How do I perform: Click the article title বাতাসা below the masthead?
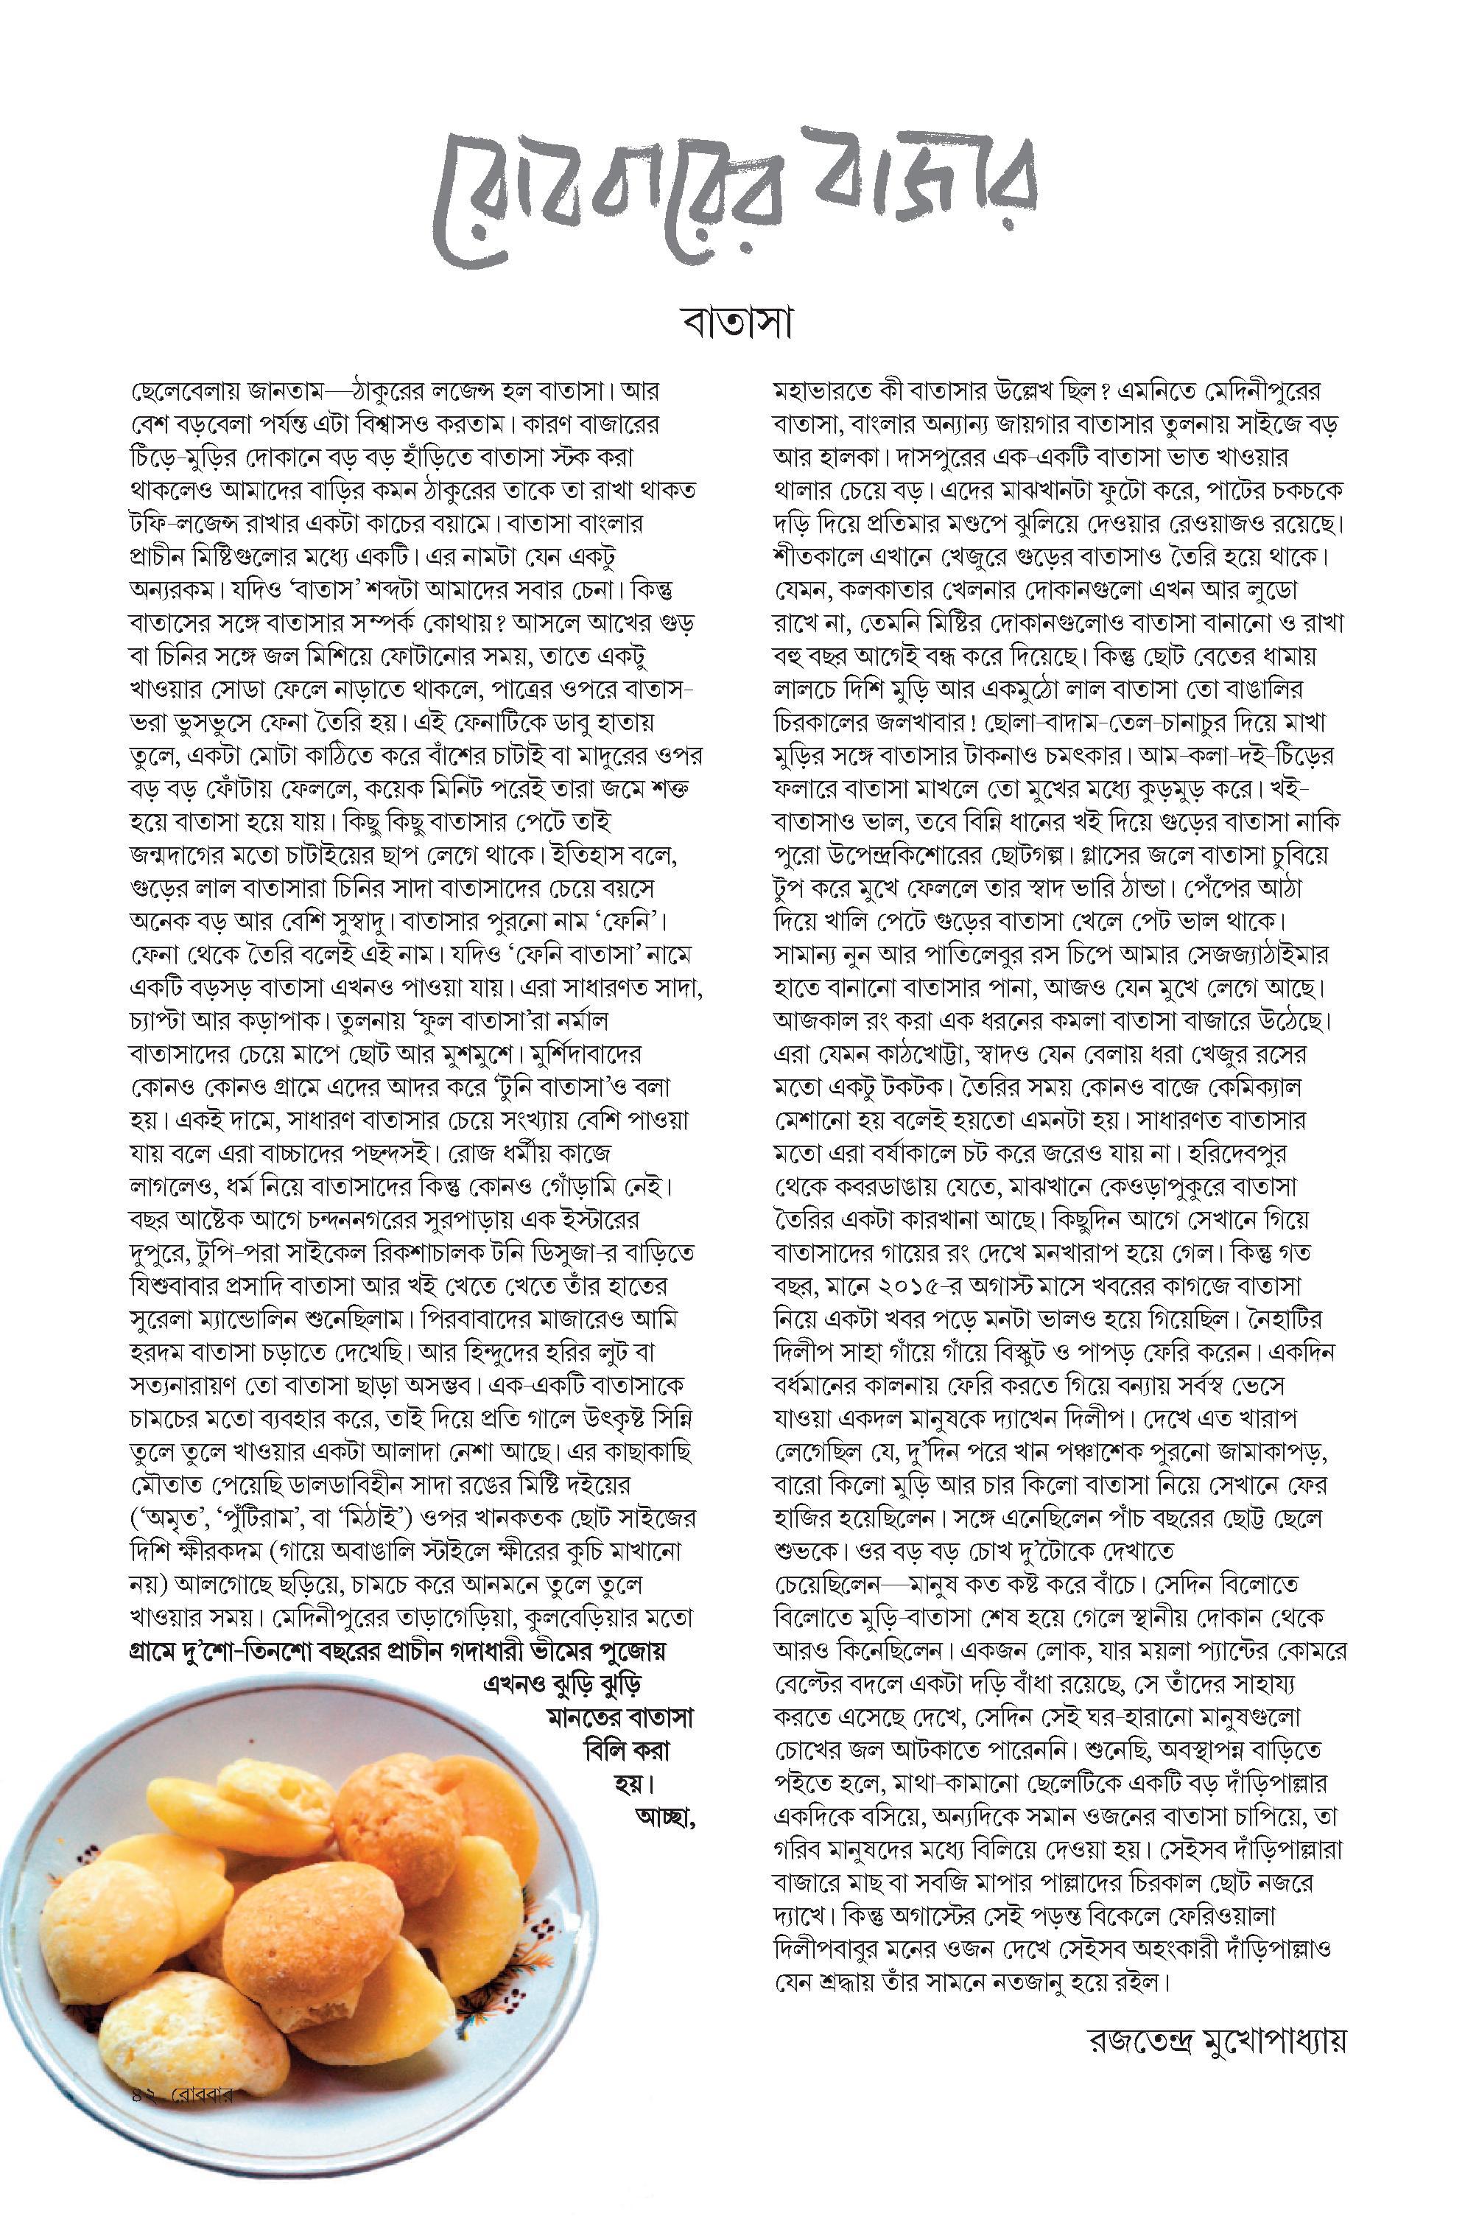point(739,323)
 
